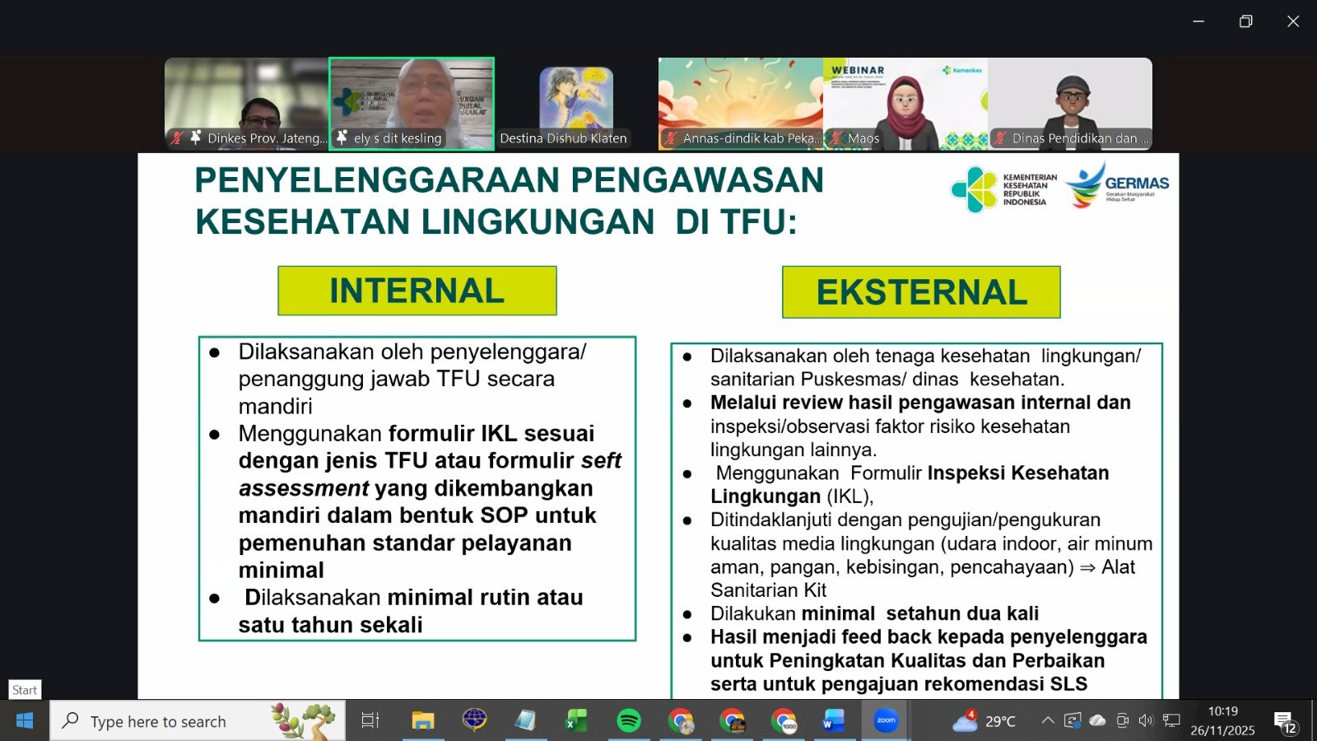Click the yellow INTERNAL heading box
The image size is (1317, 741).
(x=417, y=291)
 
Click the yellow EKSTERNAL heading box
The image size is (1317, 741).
(x=921, y=292)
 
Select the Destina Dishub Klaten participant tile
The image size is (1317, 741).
(x=575, y=104)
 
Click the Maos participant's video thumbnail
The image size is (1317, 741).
(x=905, y=104)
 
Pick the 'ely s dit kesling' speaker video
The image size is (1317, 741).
(x=412, y=104)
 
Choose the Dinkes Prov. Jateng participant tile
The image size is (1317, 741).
(x=246, y=104)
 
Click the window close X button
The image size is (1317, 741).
(x=1293, y=21)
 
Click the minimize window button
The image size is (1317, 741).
(x=1198, y=21)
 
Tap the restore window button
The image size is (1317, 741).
(x=1245, y=21)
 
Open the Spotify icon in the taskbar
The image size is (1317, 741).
(x=629, y=721)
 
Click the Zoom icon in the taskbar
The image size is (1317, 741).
(x=886, y=721)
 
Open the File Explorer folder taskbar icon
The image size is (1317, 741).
(x=422, y=721)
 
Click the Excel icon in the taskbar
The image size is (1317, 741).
(x=576, y=721)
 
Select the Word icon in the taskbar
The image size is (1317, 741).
(x=833, y=721)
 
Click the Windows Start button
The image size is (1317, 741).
(x=25, y=721)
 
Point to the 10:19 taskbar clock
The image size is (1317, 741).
(x=1222, y=711)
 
